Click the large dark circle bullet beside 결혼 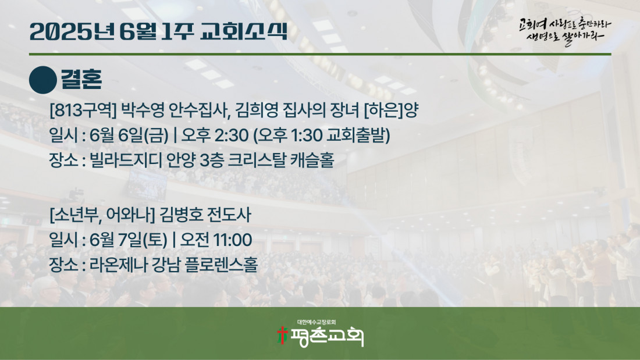(43, 80)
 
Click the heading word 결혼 (81, 80)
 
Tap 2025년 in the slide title (72, 31)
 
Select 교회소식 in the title (244, 31)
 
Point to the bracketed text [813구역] (83, 110)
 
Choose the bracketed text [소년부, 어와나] (102, 215)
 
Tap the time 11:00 (233, 240)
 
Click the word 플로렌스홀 (221, 265)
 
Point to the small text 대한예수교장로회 (317, 322)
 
